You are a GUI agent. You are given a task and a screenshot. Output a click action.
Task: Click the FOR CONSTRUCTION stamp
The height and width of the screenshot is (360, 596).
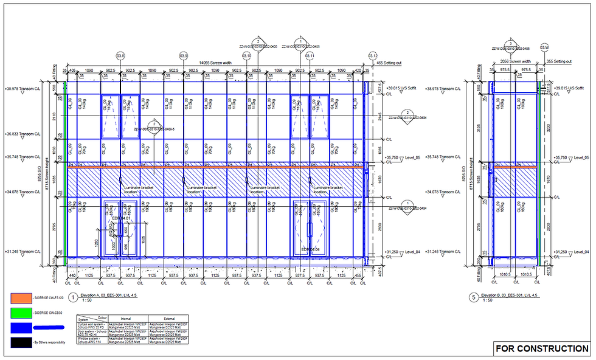(x=542, y=348)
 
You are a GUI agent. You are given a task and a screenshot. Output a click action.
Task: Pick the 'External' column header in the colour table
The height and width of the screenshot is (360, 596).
(x=161, y=318)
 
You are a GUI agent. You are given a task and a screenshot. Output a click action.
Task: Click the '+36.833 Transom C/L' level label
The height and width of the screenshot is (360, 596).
(x=23, y=133)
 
